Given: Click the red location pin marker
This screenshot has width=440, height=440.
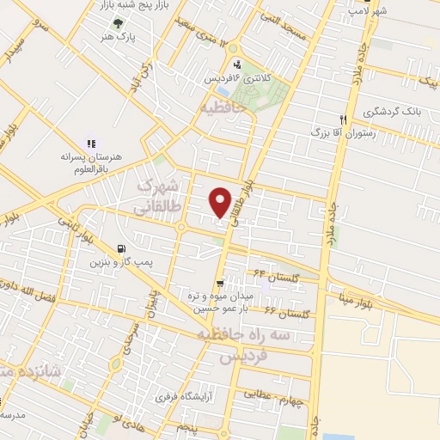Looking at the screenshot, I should pyautogui.click(x=221, y=202).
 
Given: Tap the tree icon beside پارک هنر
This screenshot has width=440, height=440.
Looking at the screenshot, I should pyautogui.click(x=117, y=24).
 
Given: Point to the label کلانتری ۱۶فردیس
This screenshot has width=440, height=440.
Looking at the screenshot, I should pyautogui.click(x=237, y=78).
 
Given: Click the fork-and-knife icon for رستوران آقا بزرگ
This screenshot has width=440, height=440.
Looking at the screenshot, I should pyautogui.click(x=343, y=119).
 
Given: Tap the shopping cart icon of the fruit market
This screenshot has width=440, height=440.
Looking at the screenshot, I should pyautogui.click(x=221, y=282).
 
